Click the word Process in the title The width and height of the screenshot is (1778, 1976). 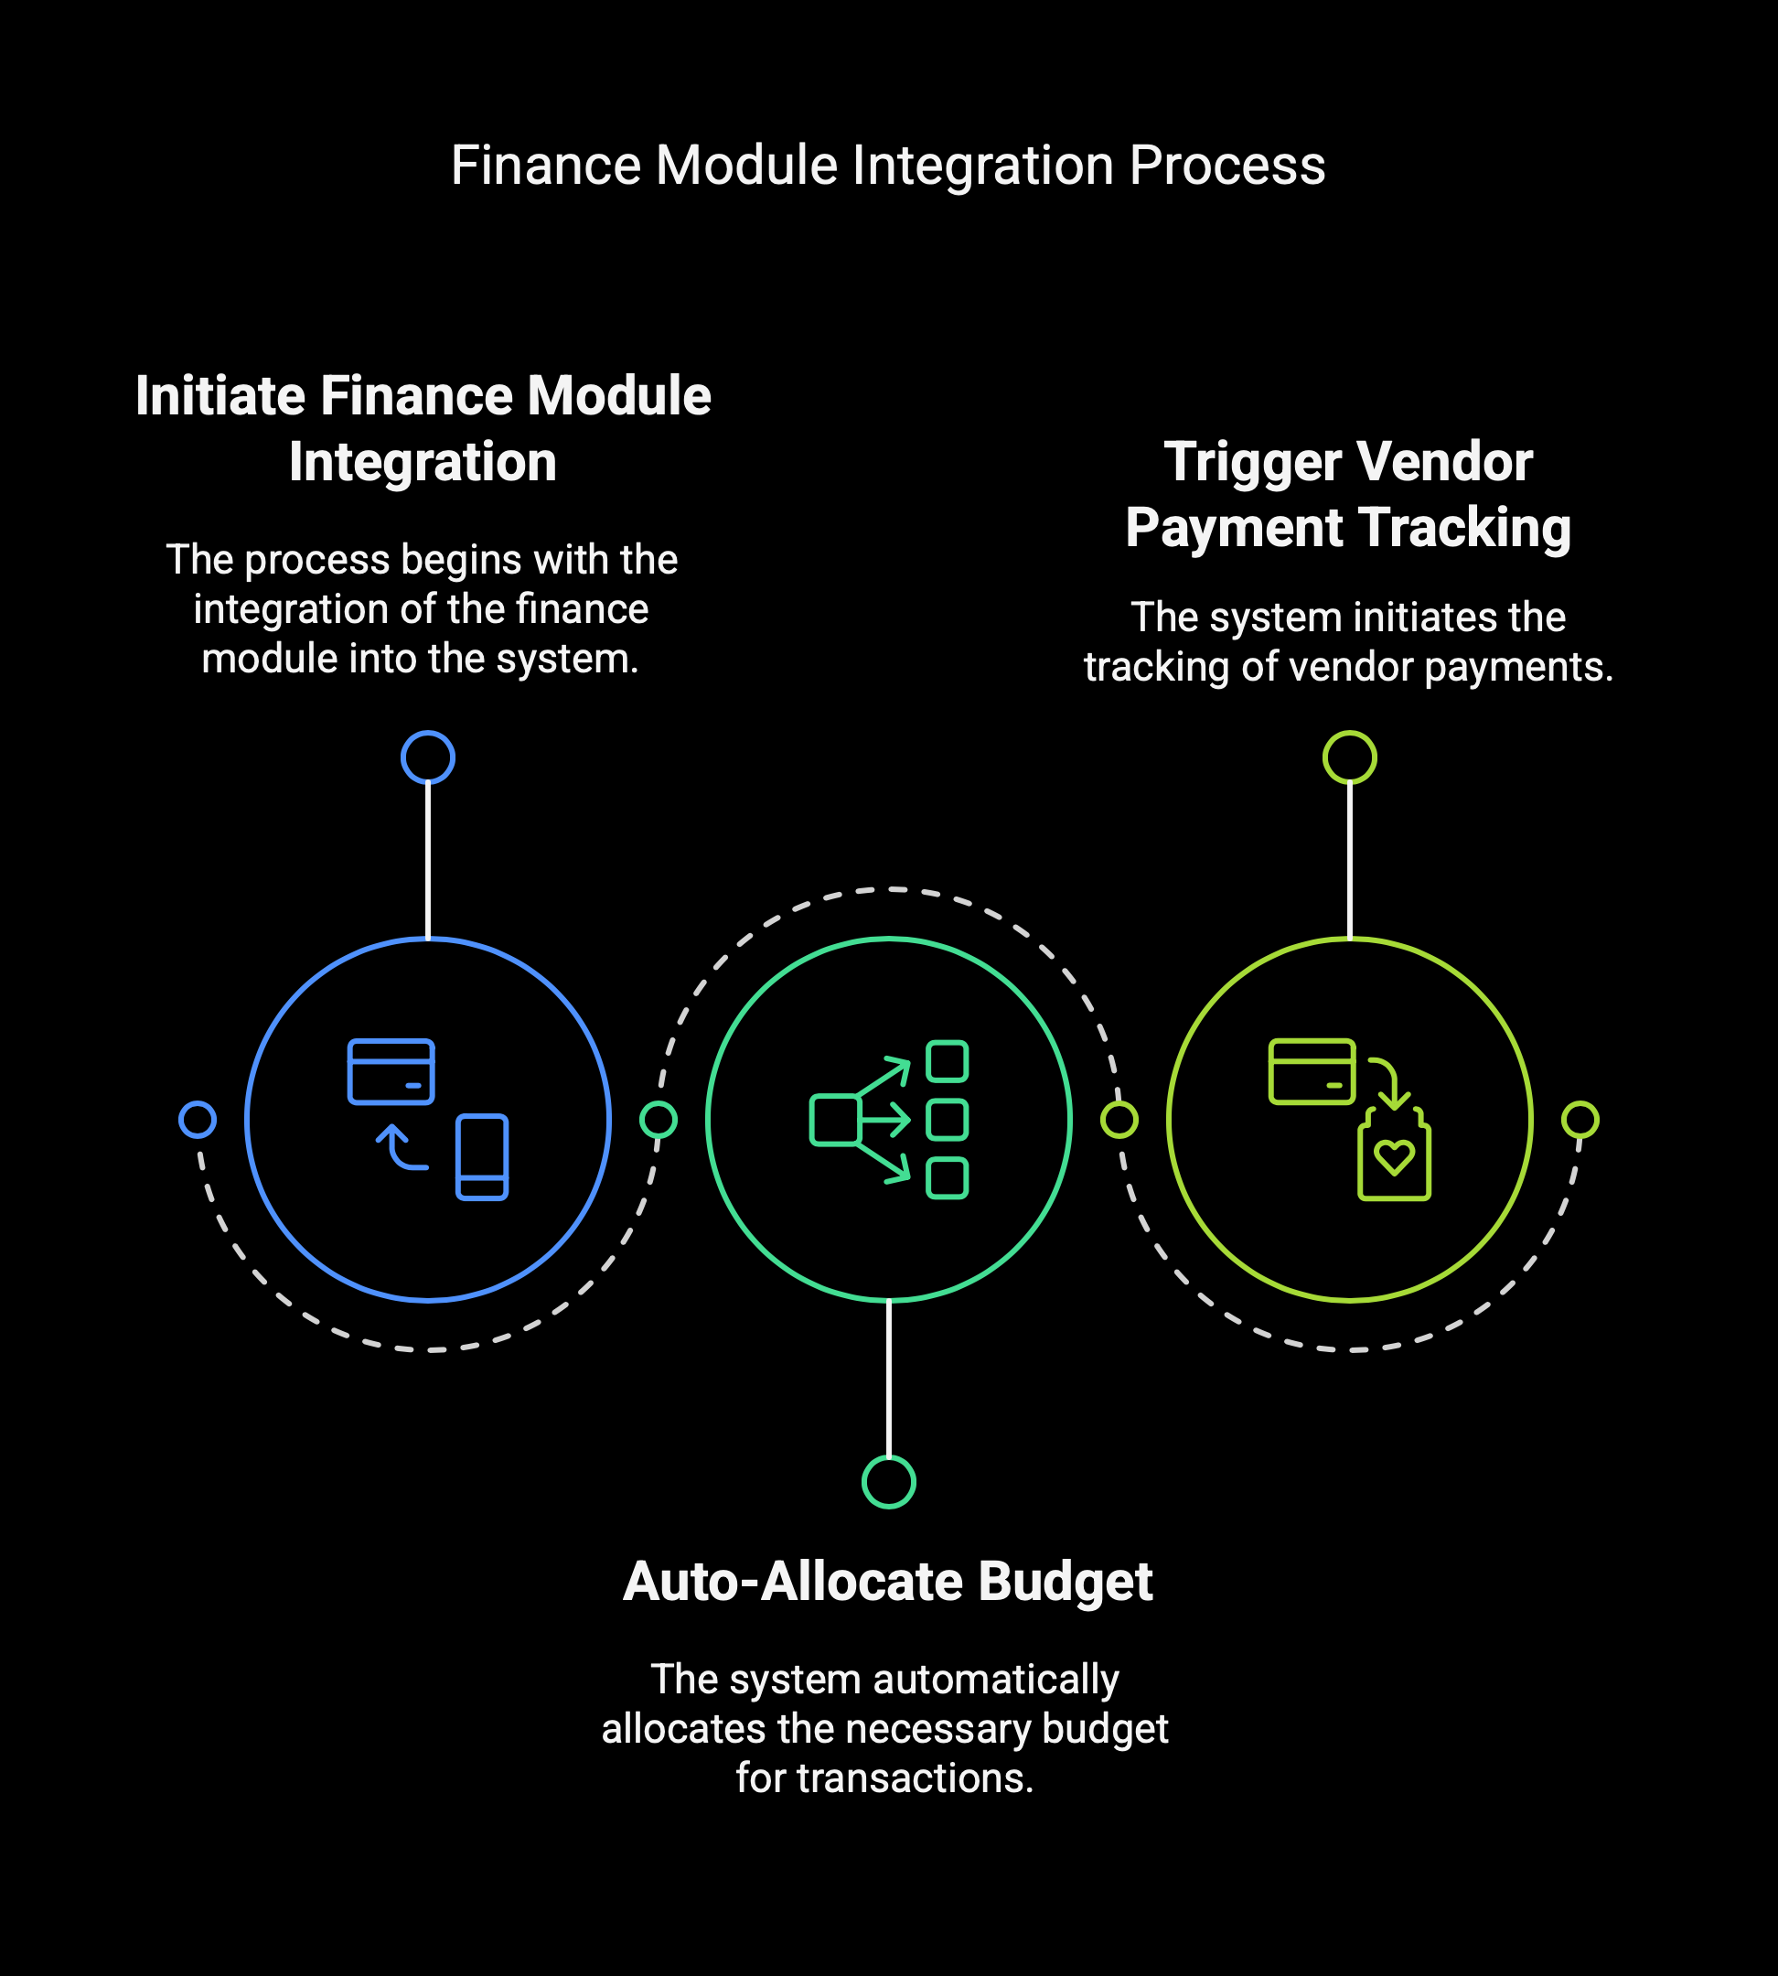tap(1227, 166)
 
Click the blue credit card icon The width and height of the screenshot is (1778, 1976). tap(391, 1071)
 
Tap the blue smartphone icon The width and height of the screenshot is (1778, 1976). tap(482, 1157)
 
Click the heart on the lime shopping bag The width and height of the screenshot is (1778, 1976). tap(1393, 1157)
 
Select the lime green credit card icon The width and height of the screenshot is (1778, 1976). tap(1312, 1071)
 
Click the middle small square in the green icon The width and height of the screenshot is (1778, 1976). tap(947, 1120)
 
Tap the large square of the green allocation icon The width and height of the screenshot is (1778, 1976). tap(834, 1120)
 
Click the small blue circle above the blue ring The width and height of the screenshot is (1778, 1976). tap(428, 757)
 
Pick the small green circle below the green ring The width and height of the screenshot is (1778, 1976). tap(889, 1483)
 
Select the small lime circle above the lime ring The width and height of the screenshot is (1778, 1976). tap(1350, 757)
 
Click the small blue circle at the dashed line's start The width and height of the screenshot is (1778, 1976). tap(198, 1120)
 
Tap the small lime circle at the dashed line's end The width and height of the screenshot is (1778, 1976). tap(1580, 1120)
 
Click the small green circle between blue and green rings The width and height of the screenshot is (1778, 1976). tap(659, 1120)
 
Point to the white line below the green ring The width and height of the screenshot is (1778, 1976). tap(889, 1378)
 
